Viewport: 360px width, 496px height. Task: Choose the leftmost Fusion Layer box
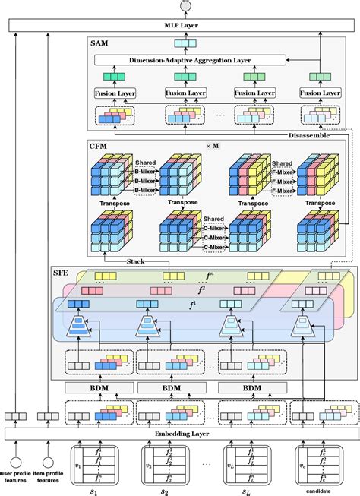(x=115, y=93)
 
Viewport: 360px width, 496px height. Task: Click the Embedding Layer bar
(x=180, y=434)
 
